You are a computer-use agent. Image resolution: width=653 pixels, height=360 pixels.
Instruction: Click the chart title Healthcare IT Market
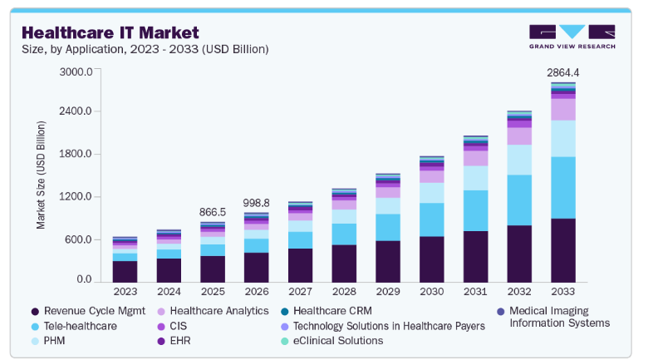110,32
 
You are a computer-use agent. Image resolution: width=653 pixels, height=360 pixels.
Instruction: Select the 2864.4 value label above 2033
562,73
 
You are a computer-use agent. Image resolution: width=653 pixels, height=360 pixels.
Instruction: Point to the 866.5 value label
213,212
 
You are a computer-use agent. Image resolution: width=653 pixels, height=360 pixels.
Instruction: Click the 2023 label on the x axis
125,292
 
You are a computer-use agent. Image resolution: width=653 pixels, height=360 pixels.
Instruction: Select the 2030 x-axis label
431,292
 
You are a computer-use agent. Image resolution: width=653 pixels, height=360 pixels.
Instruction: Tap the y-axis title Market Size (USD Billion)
40,175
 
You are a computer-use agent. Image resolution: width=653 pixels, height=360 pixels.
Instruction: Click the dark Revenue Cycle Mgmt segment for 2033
562,249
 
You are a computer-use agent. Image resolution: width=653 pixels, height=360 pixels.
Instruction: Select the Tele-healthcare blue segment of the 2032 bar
519,200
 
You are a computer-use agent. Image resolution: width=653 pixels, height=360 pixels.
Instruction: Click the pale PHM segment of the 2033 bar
562,138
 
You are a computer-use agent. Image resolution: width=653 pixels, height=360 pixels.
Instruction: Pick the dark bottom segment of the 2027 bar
300,264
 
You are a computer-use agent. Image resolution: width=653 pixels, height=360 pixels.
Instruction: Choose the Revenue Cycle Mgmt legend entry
88,311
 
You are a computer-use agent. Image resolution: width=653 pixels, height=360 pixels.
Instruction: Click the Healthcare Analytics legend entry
211,311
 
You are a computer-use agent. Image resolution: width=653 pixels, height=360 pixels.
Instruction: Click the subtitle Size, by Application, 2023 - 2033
145,49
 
